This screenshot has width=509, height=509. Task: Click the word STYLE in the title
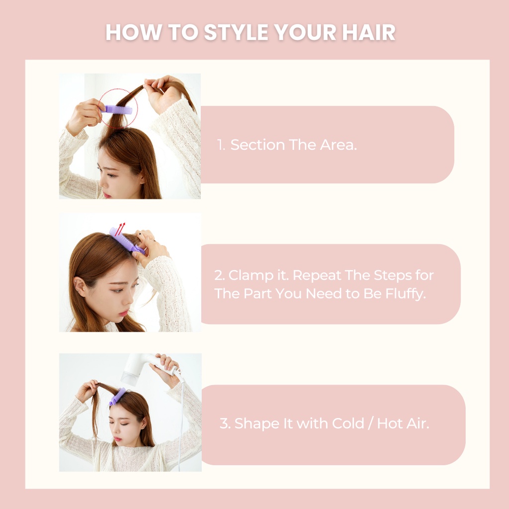click(236, 32)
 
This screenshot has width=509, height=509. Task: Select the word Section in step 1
click(257, 145)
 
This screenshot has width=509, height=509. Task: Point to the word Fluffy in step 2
click(406, 294)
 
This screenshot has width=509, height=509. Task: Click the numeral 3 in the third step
click(225, 424)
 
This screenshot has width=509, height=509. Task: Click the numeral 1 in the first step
click(221, 145)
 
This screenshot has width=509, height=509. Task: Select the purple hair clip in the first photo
click(117, 109)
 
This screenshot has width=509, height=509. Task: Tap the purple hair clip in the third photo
click(117, 397)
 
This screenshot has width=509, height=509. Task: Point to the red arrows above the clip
click(120, 229)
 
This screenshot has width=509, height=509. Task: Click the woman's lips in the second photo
click(124, 314)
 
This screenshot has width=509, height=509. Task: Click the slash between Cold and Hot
click(370, 424)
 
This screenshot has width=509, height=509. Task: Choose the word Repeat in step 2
click(317, 276)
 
